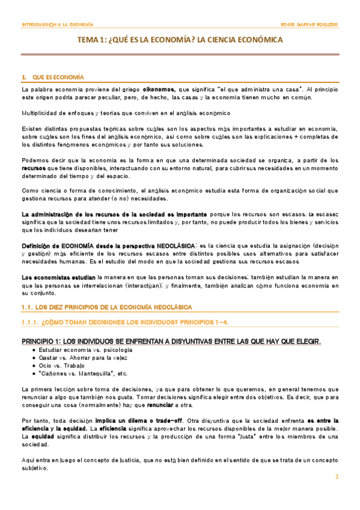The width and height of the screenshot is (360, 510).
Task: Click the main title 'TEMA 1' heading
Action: click(180, 40)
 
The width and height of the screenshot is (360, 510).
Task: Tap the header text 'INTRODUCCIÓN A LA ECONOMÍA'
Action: click(57, 25)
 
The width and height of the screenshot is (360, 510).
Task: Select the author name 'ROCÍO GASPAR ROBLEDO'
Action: click(309, 25)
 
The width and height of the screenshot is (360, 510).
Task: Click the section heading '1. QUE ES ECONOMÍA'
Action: click(52, 78)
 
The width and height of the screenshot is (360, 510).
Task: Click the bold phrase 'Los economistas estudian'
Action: click(58, 277)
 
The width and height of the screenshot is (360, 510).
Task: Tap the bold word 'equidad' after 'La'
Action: click(38, 436)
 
